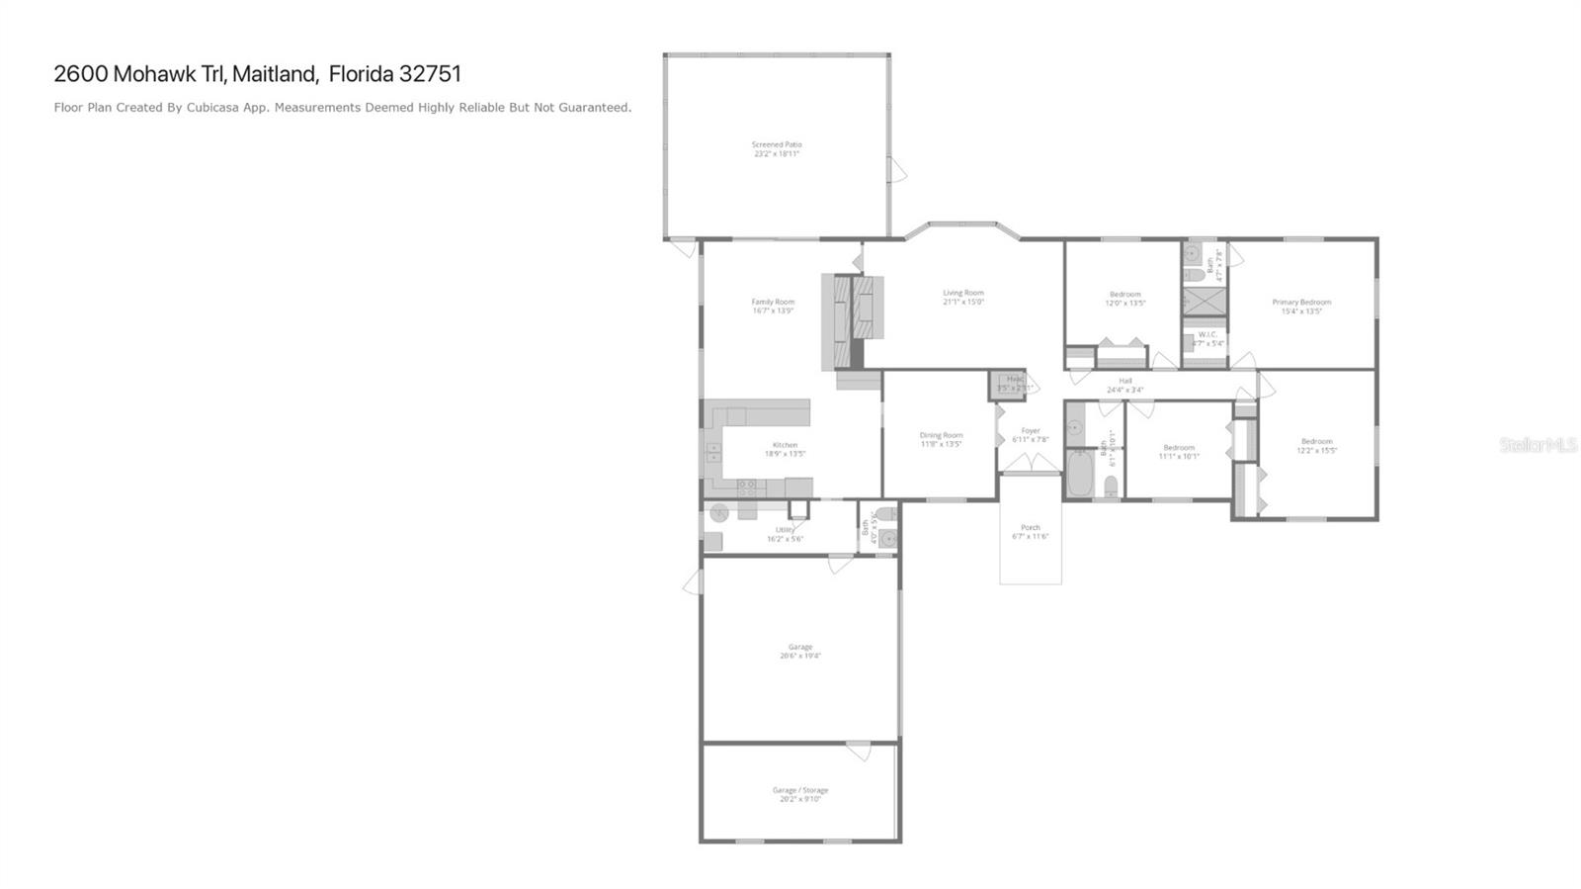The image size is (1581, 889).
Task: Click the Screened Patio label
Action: (776, 145)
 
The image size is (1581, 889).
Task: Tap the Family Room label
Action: (772, 303)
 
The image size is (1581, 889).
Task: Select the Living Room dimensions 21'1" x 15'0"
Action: (962, 302)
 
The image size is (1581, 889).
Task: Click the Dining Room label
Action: (940, 435)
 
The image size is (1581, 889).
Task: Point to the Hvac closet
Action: (1008, 385)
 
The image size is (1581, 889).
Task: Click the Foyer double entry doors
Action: (1030, 464)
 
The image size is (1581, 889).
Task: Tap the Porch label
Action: (1030, 528)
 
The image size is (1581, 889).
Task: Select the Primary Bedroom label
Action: (1300, 303)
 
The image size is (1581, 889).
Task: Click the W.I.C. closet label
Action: (1207, 335)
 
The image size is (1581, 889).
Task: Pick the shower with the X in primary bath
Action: (1205, 302)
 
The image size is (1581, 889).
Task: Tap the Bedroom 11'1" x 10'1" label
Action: (1178, 448)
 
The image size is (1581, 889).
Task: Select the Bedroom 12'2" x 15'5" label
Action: (1316, 442)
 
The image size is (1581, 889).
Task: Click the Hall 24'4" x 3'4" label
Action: (1124, 381)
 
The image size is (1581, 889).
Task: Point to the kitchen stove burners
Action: (748, 487)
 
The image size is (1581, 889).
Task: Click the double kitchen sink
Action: (713, 453)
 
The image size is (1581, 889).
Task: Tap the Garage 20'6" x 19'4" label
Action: (799, 648)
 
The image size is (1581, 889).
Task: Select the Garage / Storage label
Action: (799, 790)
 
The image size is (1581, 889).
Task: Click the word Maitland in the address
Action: (275, 74)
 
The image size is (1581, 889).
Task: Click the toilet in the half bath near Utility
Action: (885, 514)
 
